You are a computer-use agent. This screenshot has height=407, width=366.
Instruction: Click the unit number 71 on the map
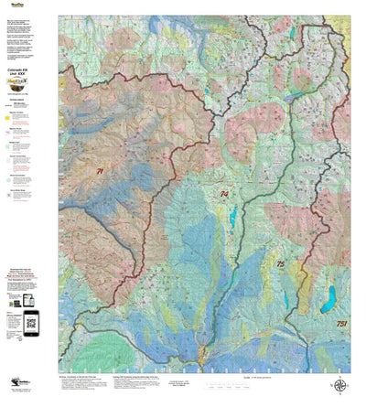tap(99, 170)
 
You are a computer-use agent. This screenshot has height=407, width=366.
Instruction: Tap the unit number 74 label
tap(223, 195)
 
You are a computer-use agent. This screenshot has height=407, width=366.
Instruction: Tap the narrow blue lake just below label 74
tap(234, 216)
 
